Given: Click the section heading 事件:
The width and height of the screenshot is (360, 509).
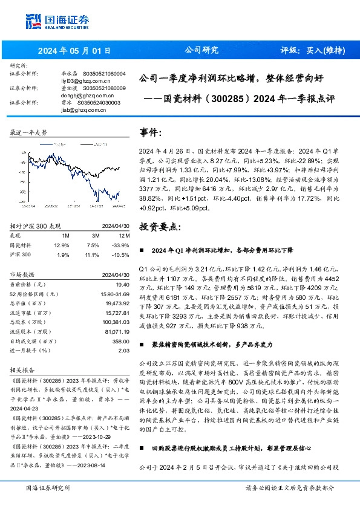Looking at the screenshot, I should (151, 132).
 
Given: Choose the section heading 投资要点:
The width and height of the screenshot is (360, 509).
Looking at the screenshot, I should (160, 227).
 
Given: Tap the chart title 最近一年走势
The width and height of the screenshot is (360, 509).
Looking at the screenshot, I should (28, 132).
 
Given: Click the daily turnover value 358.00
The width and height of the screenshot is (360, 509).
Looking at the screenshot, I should (122, 341).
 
